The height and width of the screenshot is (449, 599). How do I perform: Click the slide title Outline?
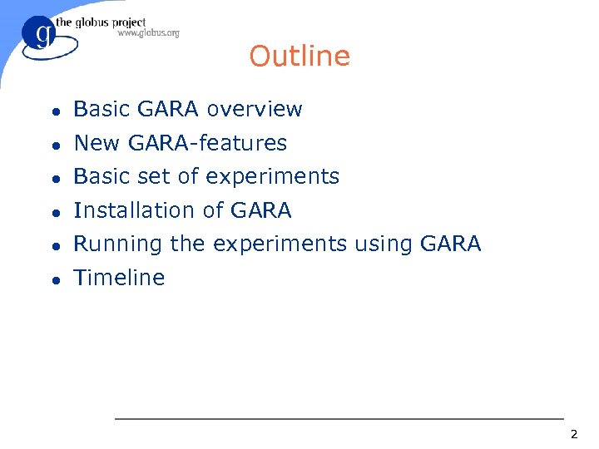pos(299,57)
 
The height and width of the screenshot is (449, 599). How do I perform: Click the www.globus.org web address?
pos(148,33)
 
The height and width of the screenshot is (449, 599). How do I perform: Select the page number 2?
pos(573,435)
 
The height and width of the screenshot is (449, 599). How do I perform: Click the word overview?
pos(255,110)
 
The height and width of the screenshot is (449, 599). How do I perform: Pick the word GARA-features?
pos(207,144)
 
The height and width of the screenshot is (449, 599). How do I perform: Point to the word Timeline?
pos(119,278)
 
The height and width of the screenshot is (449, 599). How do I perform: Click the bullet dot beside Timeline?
pos(54,279)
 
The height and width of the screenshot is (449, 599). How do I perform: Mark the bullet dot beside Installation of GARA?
pos(54,212)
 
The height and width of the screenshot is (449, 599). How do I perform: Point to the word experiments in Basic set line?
pos(272,177)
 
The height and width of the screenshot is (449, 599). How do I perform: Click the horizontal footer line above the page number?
pos(339,419)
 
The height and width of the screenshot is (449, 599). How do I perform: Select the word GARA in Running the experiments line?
pos(451,244)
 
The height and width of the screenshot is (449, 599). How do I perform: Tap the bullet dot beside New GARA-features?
pos(54,145)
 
